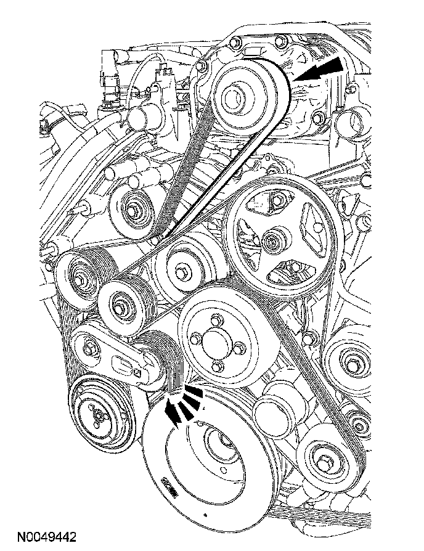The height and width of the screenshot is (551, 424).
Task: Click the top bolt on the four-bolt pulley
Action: (x=216, y=319)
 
